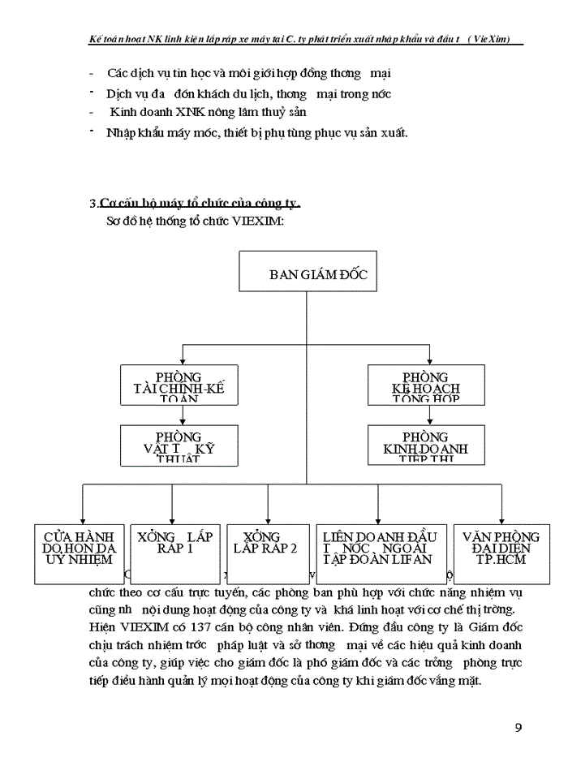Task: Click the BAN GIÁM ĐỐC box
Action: pyautogui.click(x=306, y=271)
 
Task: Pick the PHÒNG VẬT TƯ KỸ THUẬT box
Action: pyautogui.click(x=182, y=445)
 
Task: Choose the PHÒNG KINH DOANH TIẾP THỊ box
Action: pyautogui.click(x=430, y=445)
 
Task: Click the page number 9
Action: pyautogui.click(x=519, y=726)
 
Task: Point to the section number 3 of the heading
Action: pyautogui.click(x=93, y=203)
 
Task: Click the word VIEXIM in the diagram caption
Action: pyautogui.click(x=257, y=222)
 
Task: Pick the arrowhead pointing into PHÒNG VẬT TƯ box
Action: pyautogui.click(x=182, y=421)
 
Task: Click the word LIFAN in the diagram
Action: pyautogui.click(x=414, y=559)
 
